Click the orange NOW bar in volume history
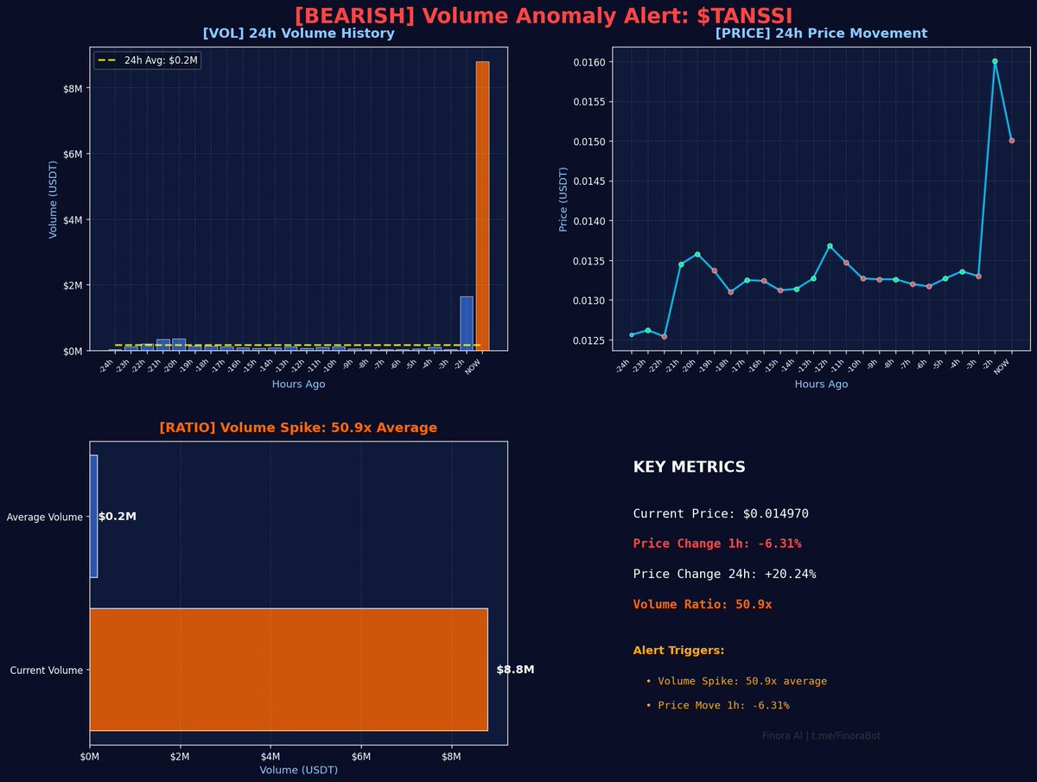pos(482,207)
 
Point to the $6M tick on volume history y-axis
pos(70,154)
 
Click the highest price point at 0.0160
pos(995,61)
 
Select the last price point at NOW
pos(1012,140)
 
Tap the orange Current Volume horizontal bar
pos(288,670)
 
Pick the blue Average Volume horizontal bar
pos(93,516)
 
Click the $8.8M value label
pos(515,670)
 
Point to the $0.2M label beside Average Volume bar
pos(118,517)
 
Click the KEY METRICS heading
pos(689,467)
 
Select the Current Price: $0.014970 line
pos(720,513)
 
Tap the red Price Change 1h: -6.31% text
pos(716,544)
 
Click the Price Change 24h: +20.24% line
pos(724,574)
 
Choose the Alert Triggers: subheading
pos(678,650)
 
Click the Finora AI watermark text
pos(821,735)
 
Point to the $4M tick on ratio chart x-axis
pos(270,757)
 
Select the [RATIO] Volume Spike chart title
pos(298,428)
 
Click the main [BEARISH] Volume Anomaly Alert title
pos(543,16)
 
